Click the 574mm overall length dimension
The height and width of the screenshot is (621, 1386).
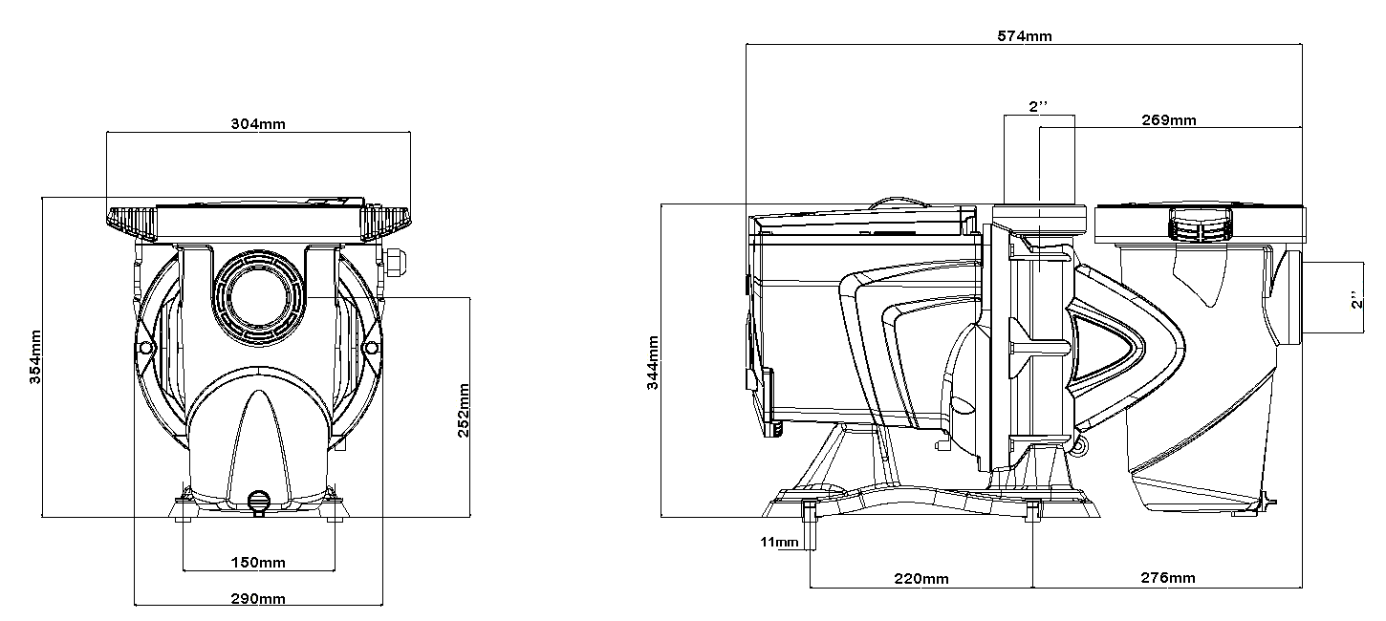click(1024, 36)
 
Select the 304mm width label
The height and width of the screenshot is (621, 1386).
click(258, 123)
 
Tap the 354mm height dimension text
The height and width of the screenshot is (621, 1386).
click(35, 357)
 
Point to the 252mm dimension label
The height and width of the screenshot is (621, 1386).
click(464, 410)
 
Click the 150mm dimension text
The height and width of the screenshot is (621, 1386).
click(258, 563)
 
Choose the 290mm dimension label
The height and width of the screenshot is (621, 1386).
click(258, 599)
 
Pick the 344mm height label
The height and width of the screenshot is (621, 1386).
click(653, 362)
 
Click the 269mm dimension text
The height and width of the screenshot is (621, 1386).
click(1169, 120)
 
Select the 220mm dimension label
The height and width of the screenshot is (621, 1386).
click(921, 579)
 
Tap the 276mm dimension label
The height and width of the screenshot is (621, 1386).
click(1168, 578)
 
